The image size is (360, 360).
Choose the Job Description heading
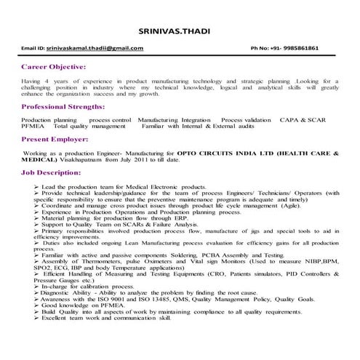tap(53, 175)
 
